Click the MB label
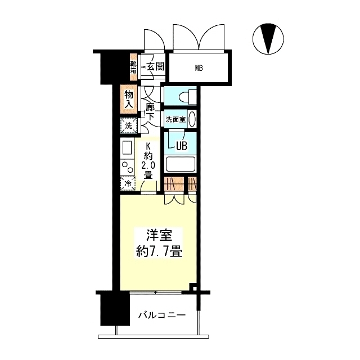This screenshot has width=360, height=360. tap(199, 69)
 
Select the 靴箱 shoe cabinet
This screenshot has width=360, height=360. tap(134, 67)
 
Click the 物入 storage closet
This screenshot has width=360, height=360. tap(129, 99)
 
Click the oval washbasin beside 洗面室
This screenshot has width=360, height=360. tap(192, 120)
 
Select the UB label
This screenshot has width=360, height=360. tap(181, 146)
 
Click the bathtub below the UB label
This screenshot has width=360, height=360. tap(181, 165)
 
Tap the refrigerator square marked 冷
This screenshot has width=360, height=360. tap(128, 183)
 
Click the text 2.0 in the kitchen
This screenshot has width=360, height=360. tap(147, 165)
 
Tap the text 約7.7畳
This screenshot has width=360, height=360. tap(159, 253)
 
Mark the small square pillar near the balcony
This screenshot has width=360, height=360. tap(193, 289)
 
